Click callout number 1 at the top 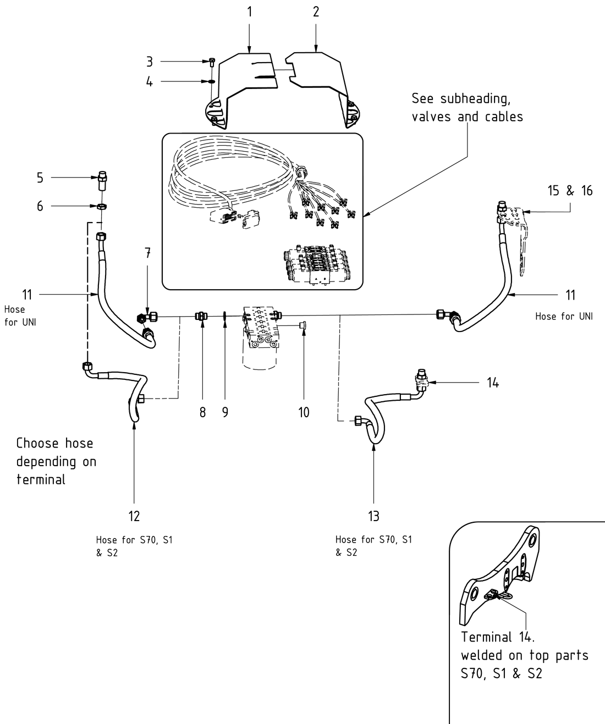point(249,12)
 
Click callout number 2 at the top point(316,12)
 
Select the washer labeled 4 point(212,82)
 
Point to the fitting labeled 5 point(102,178)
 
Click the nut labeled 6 point(102,207)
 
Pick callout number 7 point(147,253)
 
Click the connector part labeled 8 point(201,316)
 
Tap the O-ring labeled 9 point(224,316)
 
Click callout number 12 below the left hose point(134,516)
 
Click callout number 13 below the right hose point(373,516)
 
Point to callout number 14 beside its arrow point(493,383)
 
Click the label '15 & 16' point(570,191)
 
